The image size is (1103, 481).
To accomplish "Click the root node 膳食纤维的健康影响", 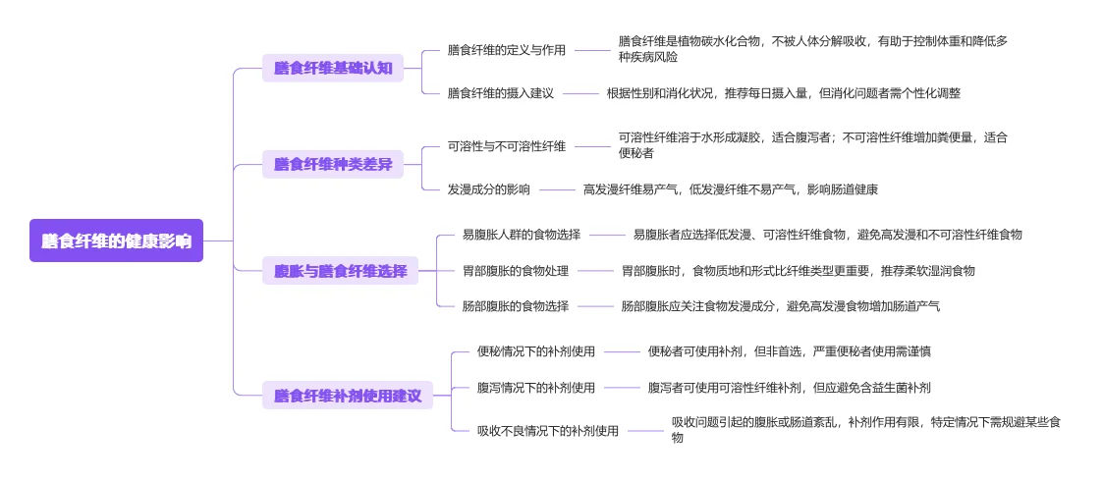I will click(x=116, y=240).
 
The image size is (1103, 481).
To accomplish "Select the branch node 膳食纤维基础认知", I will click(x=333, y=68).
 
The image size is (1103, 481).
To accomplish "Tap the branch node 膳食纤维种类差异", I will click(x=333, y=164).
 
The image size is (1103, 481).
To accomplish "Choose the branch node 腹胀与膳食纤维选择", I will click(x=340, y=271).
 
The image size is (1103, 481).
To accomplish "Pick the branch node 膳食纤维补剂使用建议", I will click(x=348, y=396).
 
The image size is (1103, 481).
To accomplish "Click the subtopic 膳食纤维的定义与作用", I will click(x=507, y=50).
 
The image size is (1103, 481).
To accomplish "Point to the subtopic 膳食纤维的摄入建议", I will click(x=501, y=93).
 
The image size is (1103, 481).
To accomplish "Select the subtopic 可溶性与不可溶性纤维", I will click(x=507, y=146).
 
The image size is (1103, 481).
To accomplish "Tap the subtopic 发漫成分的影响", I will click(x=489, y=189).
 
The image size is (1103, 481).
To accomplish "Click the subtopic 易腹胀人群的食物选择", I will click(x=522, y=235).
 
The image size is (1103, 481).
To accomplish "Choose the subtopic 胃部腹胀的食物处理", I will click(x=516, y=271).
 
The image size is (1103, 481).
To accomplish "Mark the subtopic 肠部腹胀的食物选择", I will click(x=516, y=306).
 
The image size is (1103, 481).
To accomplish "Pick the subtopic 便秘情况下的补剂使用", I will click(x=536, y=351).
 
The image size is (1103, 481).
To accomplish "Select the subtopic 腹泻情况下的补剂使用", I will click(x=536, y=388).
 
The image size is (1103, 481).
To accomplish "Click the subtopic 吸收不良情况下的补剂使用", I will click(x=548, y=431).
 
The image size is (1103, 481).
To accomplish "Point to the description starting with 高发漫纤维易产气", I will click(x=731, y=189).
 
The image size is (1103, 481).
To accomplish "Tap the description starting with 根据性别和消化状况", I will click(x=783, y=93).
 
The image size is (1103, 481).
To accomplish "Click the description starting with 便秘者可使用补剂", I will click(x=790, y=351).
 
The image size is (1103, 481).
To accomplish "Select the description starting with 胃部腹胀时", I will click(x=799, y=271).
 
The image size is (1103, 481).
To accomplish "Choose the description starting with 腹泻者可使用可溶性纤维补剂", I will click(x=790, y=388).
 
